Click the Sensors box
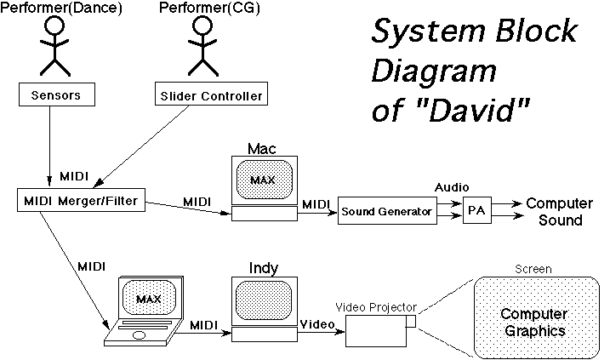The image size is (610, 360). tap(54, 94)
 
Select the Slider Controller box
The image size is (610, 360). tap(209, 94)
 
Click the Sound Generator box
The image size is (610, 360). tap(386, 209)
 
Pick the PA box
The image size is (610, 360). tap(477, 209)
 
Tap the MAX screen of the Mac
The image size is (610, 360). tap(263, 179)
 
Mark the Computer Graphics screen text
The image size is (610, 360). tap(533, 323)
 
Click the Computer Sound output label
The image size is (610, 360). tap(559, 212)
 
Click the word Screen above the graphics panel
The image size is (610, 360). tap(533, 269)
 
